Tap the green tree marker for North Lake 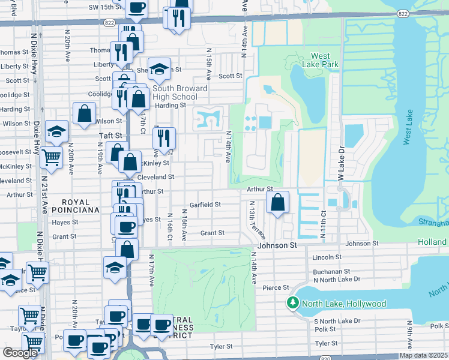(x=293, y=304)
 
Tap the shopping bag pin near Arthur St (x=277, y=203)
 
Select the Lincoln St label (x=327, y=257)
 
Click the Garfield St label (x=205, y=205)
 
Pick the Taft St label (x=110, y=136)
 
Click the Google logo (x=20, y=353)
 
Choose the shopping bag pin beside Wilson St (x=85, y=113)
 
